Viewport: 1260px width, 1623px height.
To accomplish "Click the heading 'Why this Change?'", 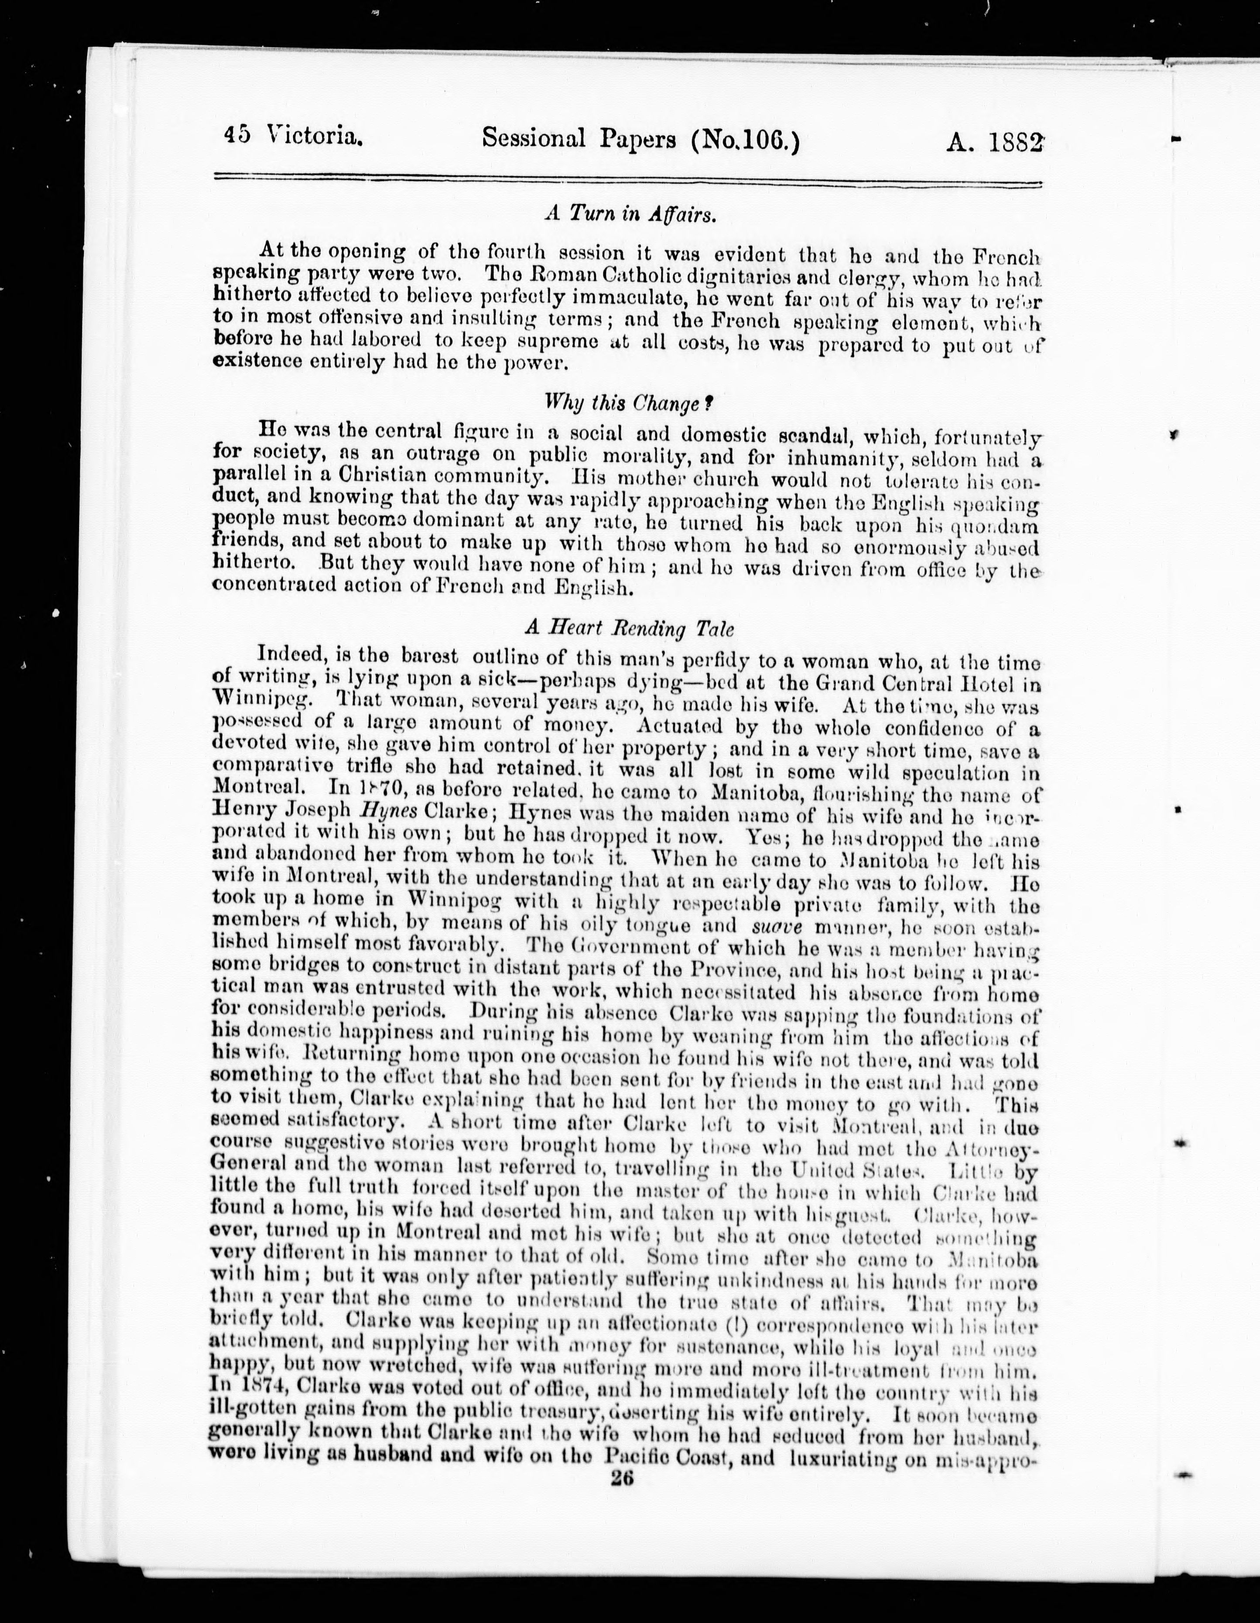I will [629, 404].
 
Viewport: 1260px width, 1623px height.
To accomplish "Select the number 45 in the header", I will [237, 136].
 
